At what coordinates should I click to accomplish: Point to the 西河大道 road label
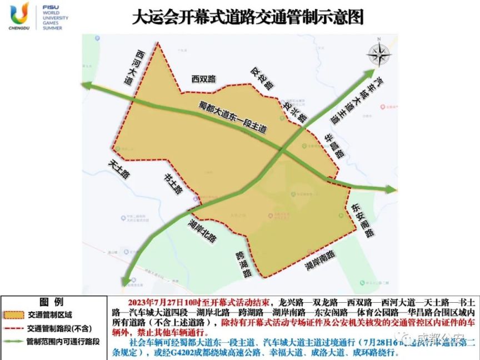(134, 67)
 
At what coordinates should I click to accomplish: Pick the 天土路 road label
(119, 168)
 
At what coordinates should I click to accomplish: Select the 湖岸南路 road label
(319, 260)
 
